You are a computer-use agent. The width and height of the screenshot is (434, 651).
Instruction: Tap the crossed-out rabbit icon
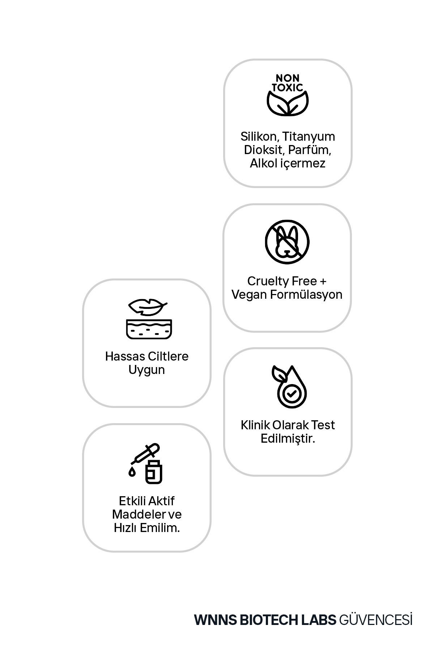coord(287,242)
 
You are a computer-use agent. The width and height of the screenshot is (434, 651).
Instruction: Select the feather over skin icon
coord(149,319)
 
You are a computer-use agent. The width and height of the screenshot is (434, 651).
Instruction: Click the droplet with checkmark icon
coord(289,386)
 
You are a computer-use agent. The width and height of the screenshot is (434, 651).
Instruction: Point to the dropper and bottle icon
coord(146,464)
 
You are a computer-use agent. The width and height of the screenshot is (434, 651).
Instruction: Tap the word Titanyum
coord(309,137)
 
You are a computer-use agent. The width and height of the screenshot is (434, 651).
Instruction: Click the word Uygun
coord(146,370)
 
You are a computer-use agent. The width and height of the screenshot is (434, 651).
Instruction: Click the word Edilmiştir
coord(288,439)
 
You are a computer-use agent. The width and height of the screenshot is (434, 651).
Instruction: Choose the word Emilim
coord(159,528)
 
